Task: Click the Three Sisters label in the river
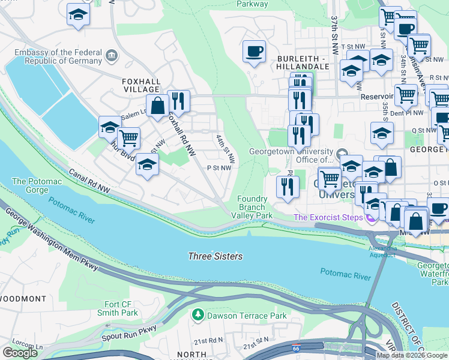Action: point(215,256)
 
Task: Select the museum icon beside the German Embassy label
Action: point(111,56)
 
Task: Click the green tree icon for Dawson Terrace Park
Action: point(197,314)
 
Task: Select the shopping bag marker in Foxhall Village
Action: point(157,106)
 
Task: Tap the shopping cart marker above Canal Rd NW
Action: point(128,137)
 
